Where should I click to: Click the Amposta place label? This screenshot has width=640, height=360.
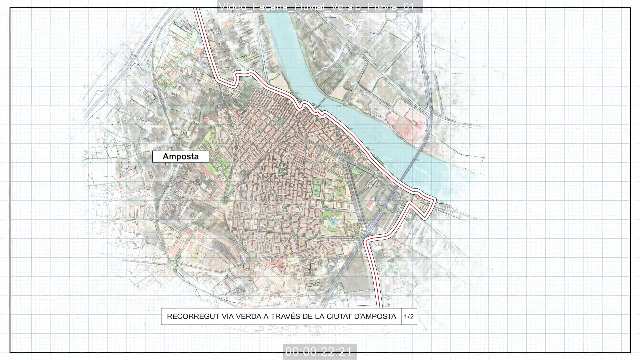(181, 157)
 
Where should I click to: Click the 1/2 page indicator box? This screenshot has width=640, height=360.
(409, 316)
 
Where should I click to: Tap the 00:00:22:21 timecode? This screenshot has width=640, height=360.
(319, 351)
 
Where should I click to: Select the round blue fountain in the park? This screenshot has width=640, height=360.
(332, 222)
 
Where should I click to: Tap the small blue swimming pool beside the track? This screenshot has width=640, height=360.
(331, 196)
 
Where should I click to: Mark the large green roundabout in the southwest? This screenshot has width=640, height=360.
(172, 265)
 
